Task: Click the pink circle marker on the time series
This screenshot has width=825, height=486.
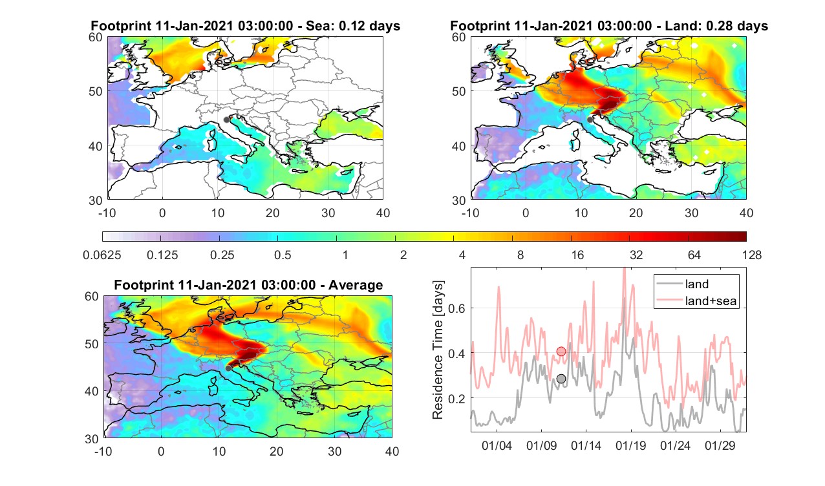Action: click(x=561, y=352)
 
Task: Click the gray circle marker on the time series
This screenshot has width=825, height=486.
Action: click(x=561, y=379)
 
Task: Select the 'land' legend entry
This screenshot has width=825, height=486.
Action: click(x=697, y=284)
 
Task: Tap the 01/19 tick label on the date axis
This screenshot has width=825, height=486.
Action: click(x=630, y=445)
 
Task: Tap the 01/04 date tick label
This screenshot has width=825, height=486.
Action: click(x=497, y=445)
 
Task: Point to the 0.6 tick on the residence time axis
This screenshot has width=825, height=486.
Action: click(x=456, y=308)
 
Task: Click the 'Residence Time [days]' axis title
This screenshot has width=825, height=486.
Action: click(x=437, y=350)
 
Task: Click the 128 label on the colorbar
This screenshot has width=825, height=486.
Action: click(x=752, y=255)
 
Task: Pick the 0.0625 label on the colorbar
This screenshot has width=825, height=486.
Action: click(x=102, y=255)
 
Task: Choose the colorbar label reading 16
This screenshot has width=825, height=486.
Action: click(x=577, y=255)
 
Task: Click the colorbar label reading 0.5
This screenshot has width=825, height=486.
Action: click(x=283, y=255)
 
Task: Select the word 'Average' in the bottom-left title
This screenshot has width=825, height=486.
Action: click(x=356, y=285)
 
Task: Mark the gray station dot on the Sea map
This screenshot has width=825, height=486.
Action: click(x=226, y=120)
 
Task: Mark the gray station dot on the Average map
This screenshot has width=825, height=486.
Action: click(x=228, y=368)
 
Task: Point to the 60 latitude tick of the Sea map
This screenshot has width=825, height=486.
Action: click(x=96, y=37)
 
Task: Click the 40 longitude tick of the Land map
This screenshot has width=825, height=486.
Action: click(x=746, y=213)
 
